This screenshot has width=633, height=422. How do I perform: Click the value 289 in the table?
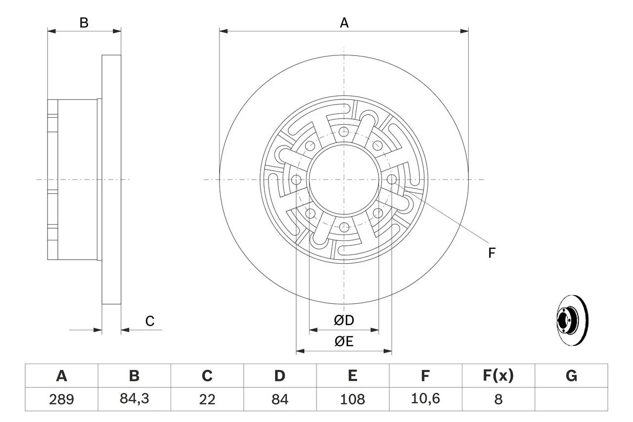pyautogui.click(x=61, y=399)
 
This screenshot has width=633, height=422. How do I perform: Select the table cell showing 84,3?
pyautogui.click(x=134, y=399)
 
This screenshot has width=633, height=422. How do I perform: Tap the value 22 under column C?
pyautogui.click(x=207, y=399)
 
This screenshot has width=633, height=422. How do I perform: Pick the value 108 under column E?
pyautogui.click(x=352, y=399)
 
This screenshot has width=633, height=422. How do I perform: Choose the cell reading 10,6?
pyautogui.click(x=425, y=399)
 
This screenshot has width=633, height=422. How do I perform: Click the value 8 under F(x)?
pyautogui.click(x=498, y=399)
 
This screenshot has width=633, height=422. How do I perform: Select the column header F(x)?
pyautogui.click(x=498, y=376)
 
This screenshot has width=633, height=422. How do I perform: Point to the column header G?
pyautogui.click(x=571, y=376)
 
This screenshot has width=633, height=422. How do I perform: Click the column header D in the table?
pyautogui.click(x=279, y=376)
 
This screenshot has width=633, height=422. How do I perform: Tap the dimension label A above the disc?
pyautogui.click(x=344, y=23)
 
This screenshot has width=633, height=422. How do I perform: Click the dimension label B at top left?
pyautogui.click(x=84, y=23)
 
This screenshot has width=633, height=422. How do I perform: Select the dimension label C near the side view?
pyautogui.click(x=150, y=321)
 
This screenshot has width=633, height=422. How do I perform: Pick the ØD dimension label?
pyautogui.click(x=344, y=321)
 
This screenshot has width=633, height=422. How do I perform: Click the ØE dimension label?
pyautogui.click(x=344, y=342)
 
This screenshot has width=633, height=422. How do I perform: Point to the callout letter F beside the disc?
pyautogui.click(x=492, y=253)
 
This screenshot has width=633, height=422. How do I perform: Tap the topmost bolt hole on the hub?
pyautogui.click(x=344, y=132)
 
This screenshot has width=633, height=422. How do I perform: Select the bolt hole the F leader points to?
pyautogui.click(x=392, y=180)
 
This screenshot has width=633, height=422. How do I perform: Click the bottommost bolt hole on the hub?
pyautogui.click(x=344, y=228)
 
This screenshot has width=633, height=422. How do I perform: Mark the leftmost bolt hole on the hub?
pyautogui.click(x=296, y=180)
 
